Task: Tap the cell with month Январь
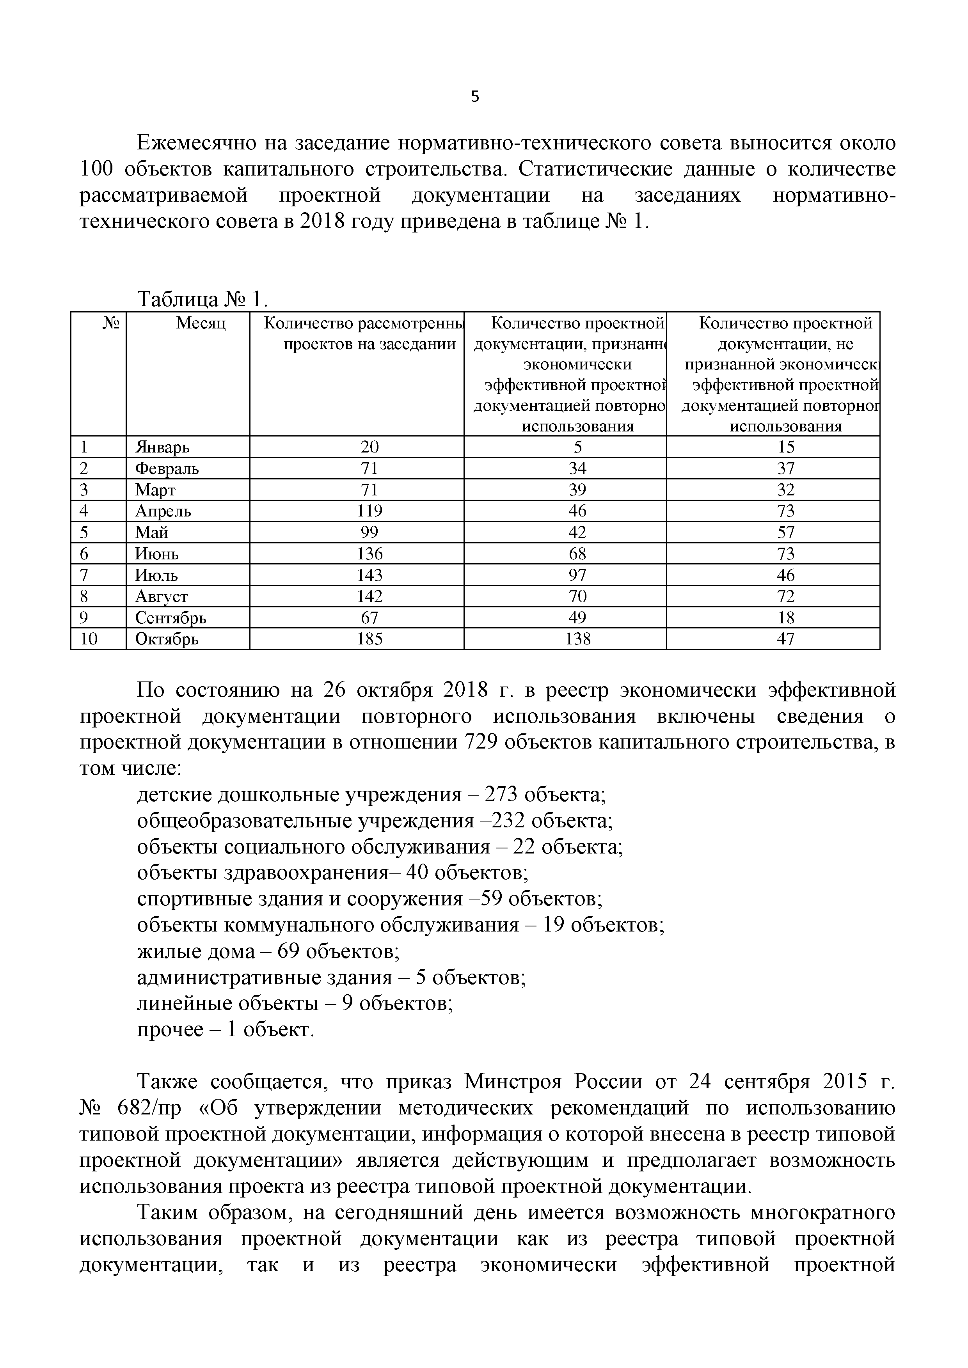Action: [x=162, y=447]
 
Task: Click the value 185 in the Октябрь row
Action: [x=369, y=639]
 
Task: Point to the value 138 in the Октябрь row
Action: [x=577, y=639]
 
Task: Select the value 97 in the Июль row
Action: [x=577, y=575]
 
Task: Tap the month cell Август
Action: [x=162, y=596]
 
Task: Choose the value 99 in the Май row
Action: [x=369, y=532]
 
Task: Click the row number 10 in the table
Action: [x=89, y=639]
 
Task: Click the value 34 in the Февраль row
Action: [x=577, y=468]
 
